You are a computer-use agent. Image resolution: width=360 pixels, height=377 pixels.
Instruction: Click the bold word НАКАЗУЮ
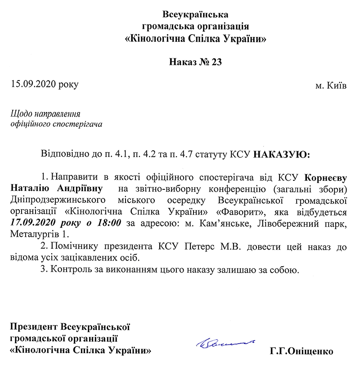point(281,155)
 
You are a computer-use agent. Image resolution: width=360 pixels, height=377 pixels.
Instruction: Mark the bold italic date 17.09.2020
point(30,222)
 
